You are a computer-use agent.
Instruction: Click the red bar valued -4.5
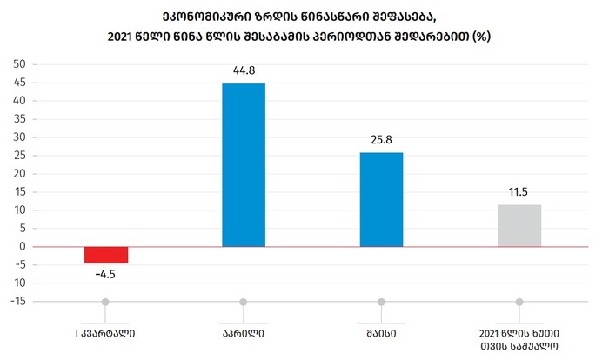click(x=106, y=254)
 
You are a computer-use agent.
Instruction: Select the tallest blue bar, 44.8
click(x=244, y=164)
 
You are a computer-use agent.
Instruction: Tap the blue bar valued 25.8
click(x=381, y=199)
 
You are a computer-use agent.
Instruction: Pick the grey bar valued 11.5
click(x=519, y=225)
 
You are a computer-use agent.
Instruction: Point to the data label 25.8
click(x=381, y=140)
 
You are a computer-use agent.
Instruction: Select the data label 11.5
click(x=519, y=192)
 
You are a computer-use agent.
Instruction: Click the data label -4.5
click(x=106, y=274)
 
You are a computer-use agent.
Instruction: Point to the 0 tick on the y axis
click(x=23, y=247)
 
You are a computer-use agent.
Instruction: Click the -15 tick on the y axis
click(x=17, y=302)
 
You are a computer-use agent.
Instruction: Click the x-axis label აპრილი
click(x=244, y=332)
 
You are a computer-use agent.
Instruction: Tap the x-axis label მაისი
click(x=381, y=332)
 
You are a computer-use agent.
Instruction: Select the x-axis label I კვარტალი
click(x=105, y=332)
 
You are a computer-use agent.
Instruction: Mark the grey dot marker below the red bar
click(x=105, y=302)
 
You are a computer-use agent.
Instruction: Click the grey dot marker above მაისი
click(x=381, y=302)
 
